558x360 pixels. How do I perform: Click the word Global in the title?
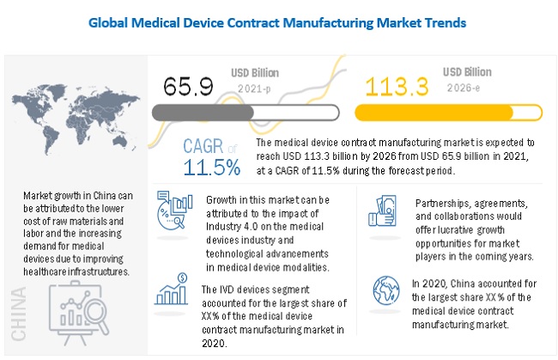pyautogui.click(x=114, y=23)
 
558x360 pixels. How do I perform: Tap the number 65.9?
pyautogui.click(x=185, y=86)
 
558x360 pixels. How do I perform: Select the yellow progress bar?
pyautogui.click(x=438, y=112)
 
